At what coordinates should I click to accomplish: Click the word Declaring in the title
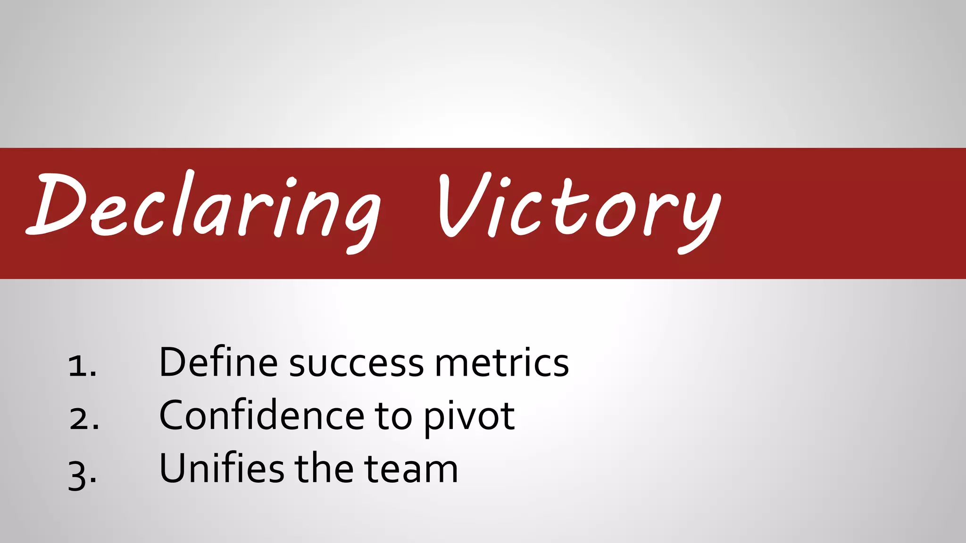coord(203,207)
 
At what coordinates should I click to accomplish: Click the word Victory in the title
coord(578,207)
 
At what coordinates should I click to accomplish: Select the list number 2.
coord(83,419)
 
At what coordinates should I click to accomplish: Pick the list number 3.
coord(82,473)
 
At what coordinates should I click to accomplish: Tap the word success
coord(356,364)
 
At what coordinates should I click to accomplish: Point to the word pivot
coord(469,417)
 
